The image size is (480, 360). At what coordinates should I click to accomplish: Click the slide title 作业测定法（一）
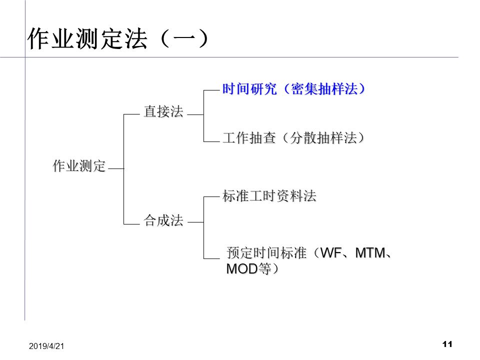tap(117, 39)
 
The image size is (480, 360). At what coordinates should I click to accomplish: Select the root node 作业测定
tap(79, 166)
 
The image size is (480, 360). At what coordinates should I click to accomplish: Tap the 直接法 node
tap(163, 111)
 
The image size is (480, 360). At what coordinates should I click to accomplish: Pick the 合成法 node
tap(163, 220)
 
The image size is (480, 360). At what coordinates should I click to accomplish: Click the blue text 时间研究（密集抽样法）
tap(294, 89)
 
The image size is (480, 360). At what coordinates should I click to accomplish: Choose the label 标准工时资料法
tap(269, 196)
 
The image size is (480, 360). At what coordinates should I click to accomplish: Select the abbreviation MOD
tap(241, 269)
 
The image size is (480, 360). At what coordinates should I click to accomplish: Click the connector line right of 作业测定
tap(115, 169)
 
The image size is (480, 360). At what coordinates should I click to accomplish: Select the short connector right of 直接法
tap(195, 115)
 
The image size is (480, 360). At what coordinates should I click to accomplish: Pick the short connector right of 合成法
tap(195, 222)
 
